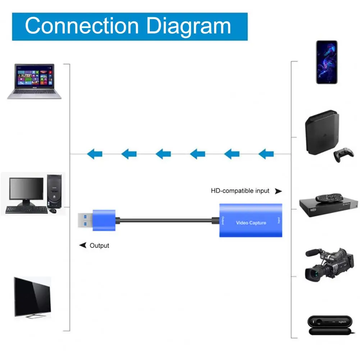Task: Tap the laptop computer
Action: [34, 81]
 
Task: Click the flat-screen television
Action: [32, 296]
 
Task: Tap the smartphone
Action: [327, 62]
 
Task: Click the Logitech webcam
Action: [328, 325]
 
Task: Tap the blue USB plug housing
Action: [104, 220]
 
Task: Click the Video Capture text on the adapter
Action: [251, 223]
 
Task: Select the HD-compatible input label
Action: [240, 191]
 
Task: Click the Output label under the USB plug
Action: [99, 246]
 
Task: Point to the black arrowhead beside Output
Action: [83, 245]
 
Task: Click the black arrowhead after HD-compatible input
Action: [278, 191]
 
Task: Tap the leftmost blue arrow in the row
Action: [95, 154]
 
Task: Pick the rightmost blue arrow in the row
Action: [266, 154]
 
